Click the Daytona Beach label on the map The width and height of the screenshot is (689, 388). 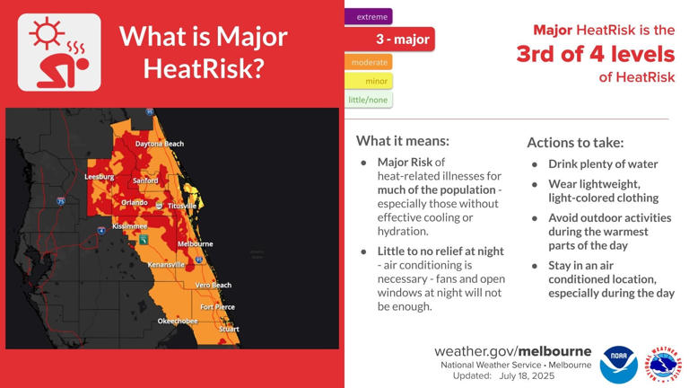(x=160, y=144)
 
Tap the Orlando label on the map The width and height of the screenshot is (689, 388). (x=135, y=203)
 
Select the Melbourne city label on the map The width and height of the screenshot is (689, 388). (x=196, y=243)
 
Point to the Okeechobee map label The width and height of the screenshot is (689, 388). (x=178, y=321)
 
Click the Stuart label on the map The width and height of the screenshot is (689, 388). (x=229, y=329)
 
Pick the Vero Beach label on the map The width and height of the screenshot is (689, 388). (x=214, y=286)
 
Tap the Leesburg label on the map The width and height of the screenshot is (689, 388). (x=100, y=177)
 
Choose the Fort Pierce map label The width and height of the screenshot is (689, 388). (x=217, y=307)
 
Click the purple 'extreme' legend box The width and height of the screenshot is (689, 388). (x=369, y=16)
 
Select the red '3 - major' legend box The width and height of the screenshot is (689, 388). (x=389, y=40)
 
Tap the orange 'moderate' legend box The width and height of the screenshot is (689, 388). (x=369, y=62)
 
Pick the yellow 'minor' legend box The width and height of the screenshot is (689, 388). (x=369, y=81)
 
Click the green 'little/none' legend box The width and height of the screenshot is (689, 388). (x=369, y=100)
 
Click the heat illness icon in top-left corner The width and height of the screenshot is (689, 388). (x=59, y=52)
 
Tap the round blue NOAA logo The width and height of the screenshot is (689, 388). (x=619, y=365)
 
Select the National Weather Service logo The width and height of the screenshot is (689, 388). (x=665, y=365)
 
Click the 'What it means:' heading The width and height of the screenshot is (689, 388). (x=403, y=141)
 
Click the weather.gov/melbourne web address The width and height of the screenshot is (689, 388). (x=512, y=351)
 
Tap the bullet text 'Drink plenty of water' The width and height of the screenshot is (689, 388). (x=603, y=164)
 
